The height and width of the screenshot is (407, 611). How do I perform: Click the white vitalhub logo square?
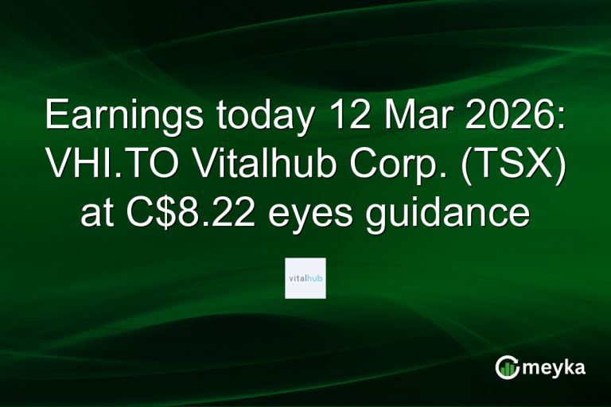coord(305,277)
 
